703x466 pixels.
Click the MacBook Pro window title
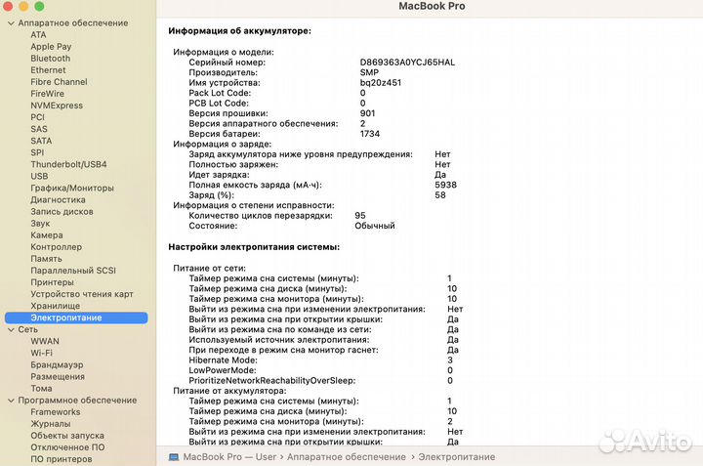tap(432, 7)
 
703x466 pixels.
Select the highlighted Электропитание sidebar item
tap(66, 318)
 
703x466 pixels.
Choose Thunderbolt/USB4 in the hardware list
tap(68, 164)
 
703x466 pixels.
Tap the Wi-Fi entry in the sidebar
tap(42, 353)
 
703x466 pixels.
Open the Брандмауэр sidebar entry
tap(57, 364)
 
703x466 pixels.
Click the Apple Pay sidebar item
tap(51, 47)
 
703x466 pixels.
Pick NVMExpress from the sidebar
tap(57, 106)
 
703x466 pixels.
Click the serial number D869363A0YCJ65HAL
tap(407, 63)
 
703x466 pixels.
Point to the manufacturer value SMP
tap(370, 72)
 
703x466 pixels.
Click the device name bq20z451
tap(381, 82)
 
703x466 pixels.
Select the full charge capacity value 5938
tap(445, 185)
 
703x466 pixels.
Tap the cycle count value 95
tap(360, 215)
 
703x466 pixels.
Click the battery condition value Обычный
tap(375, 226)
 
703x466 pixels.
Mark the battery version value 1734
tap(370, 133)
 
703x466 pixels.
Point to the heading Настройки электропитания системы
tap(254, 247)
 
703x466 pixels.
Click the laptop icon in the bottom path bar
tap(174, 457)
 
